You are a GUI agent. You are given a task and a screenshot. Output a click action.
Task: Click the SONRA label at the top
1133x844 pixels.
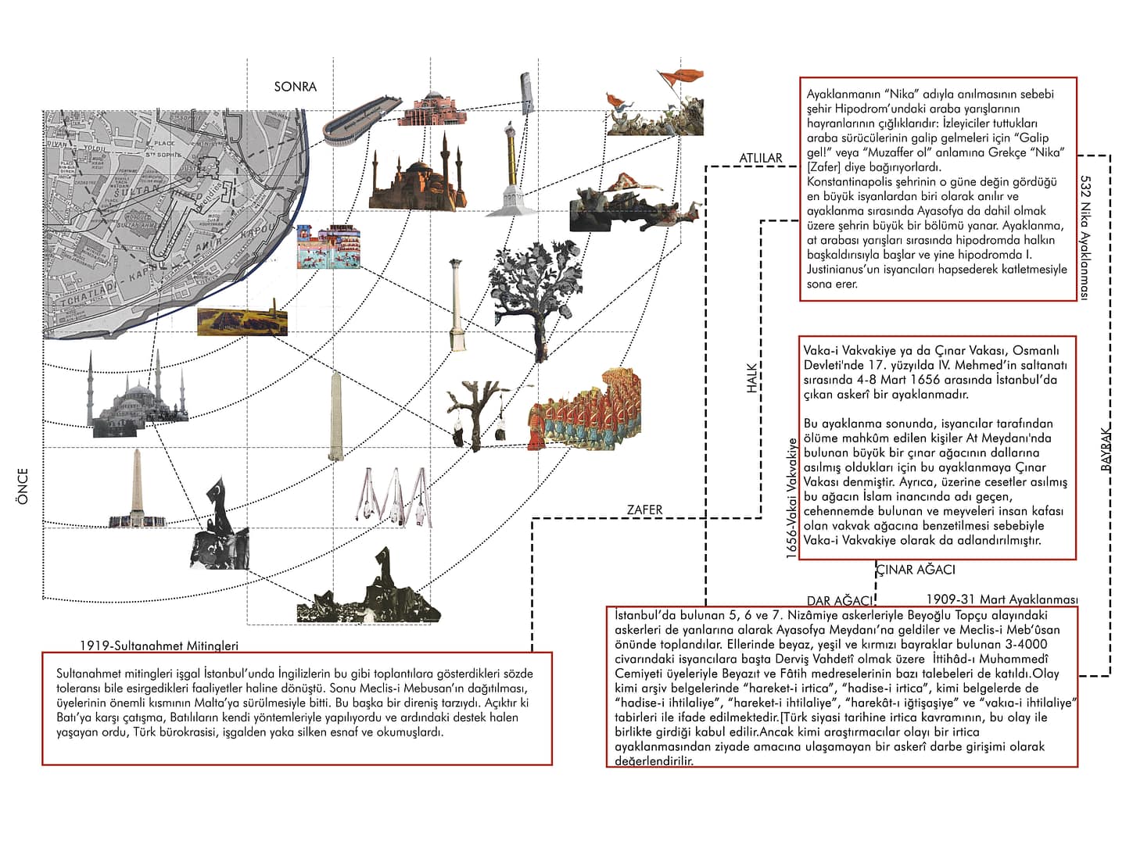click(x=295, y=87)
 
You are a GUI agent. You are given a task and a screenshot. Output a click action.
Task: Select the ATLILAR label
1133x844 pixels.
click(x=760, y=159)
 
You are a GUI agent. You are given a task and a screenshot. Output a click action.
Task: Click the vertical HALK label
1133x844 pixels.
click(x=752, y=377)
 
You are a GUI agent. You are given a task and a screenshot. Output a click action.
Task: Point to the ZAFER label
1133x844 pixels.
click(x=644, y=510)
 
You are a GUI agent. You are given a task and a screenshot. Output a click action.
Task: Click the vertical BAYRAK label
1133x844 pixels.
click(x=1106, y=448)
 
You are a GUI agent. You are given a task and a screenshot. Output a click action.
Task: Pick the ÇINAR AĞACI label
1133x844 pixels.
click(x=915, y=570)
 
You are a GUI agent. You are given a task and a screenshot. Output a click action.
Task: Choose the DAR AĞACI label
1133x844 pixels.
click(x=839, y=601)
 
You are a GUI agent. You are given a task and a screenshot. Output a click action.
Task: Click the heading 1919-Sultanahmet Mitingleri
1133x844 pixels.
click(x=159, y=646)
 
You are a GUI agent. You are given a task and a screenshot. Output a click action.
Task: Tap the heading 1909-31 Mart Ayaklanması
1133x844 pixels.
click(x=1002, y=599)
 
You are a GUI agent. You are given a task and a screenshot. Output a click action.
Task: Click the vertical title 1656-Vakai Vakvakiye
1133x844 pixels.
click(x=791, y=498)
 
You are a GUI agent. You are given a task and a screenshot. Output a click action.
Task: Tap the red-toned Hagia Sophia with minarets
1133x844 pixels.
click(x=412, y=178)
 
